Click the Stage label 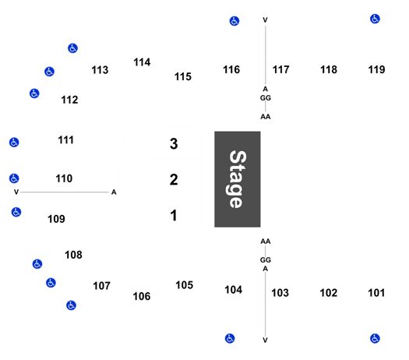coord(238,179)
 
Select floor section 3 coord(174,143)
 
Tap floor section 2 coord(174,180)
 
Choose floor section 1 coord(174,216)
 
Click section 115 coord(183,76)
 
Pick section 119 coord(376,69)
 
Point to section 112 coord(69,100)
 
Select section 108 coord(73,255)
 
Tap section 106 coord(142,296)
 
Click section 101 coord(376,293)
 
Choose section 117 coord(281,69)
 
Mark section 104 coord(234,290)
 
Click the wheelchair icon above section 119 coord(375,19)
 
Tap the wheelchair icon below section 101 coord(375,339)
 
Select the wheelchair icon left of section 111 coord(14,143)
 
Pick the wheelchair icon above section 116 coord(234,21)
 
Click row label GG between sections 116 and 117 coord(266,98)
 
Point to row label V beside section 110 coord(16,192)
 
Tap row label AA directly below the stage coord(266,242)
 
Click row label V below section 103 coord(266,341)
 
